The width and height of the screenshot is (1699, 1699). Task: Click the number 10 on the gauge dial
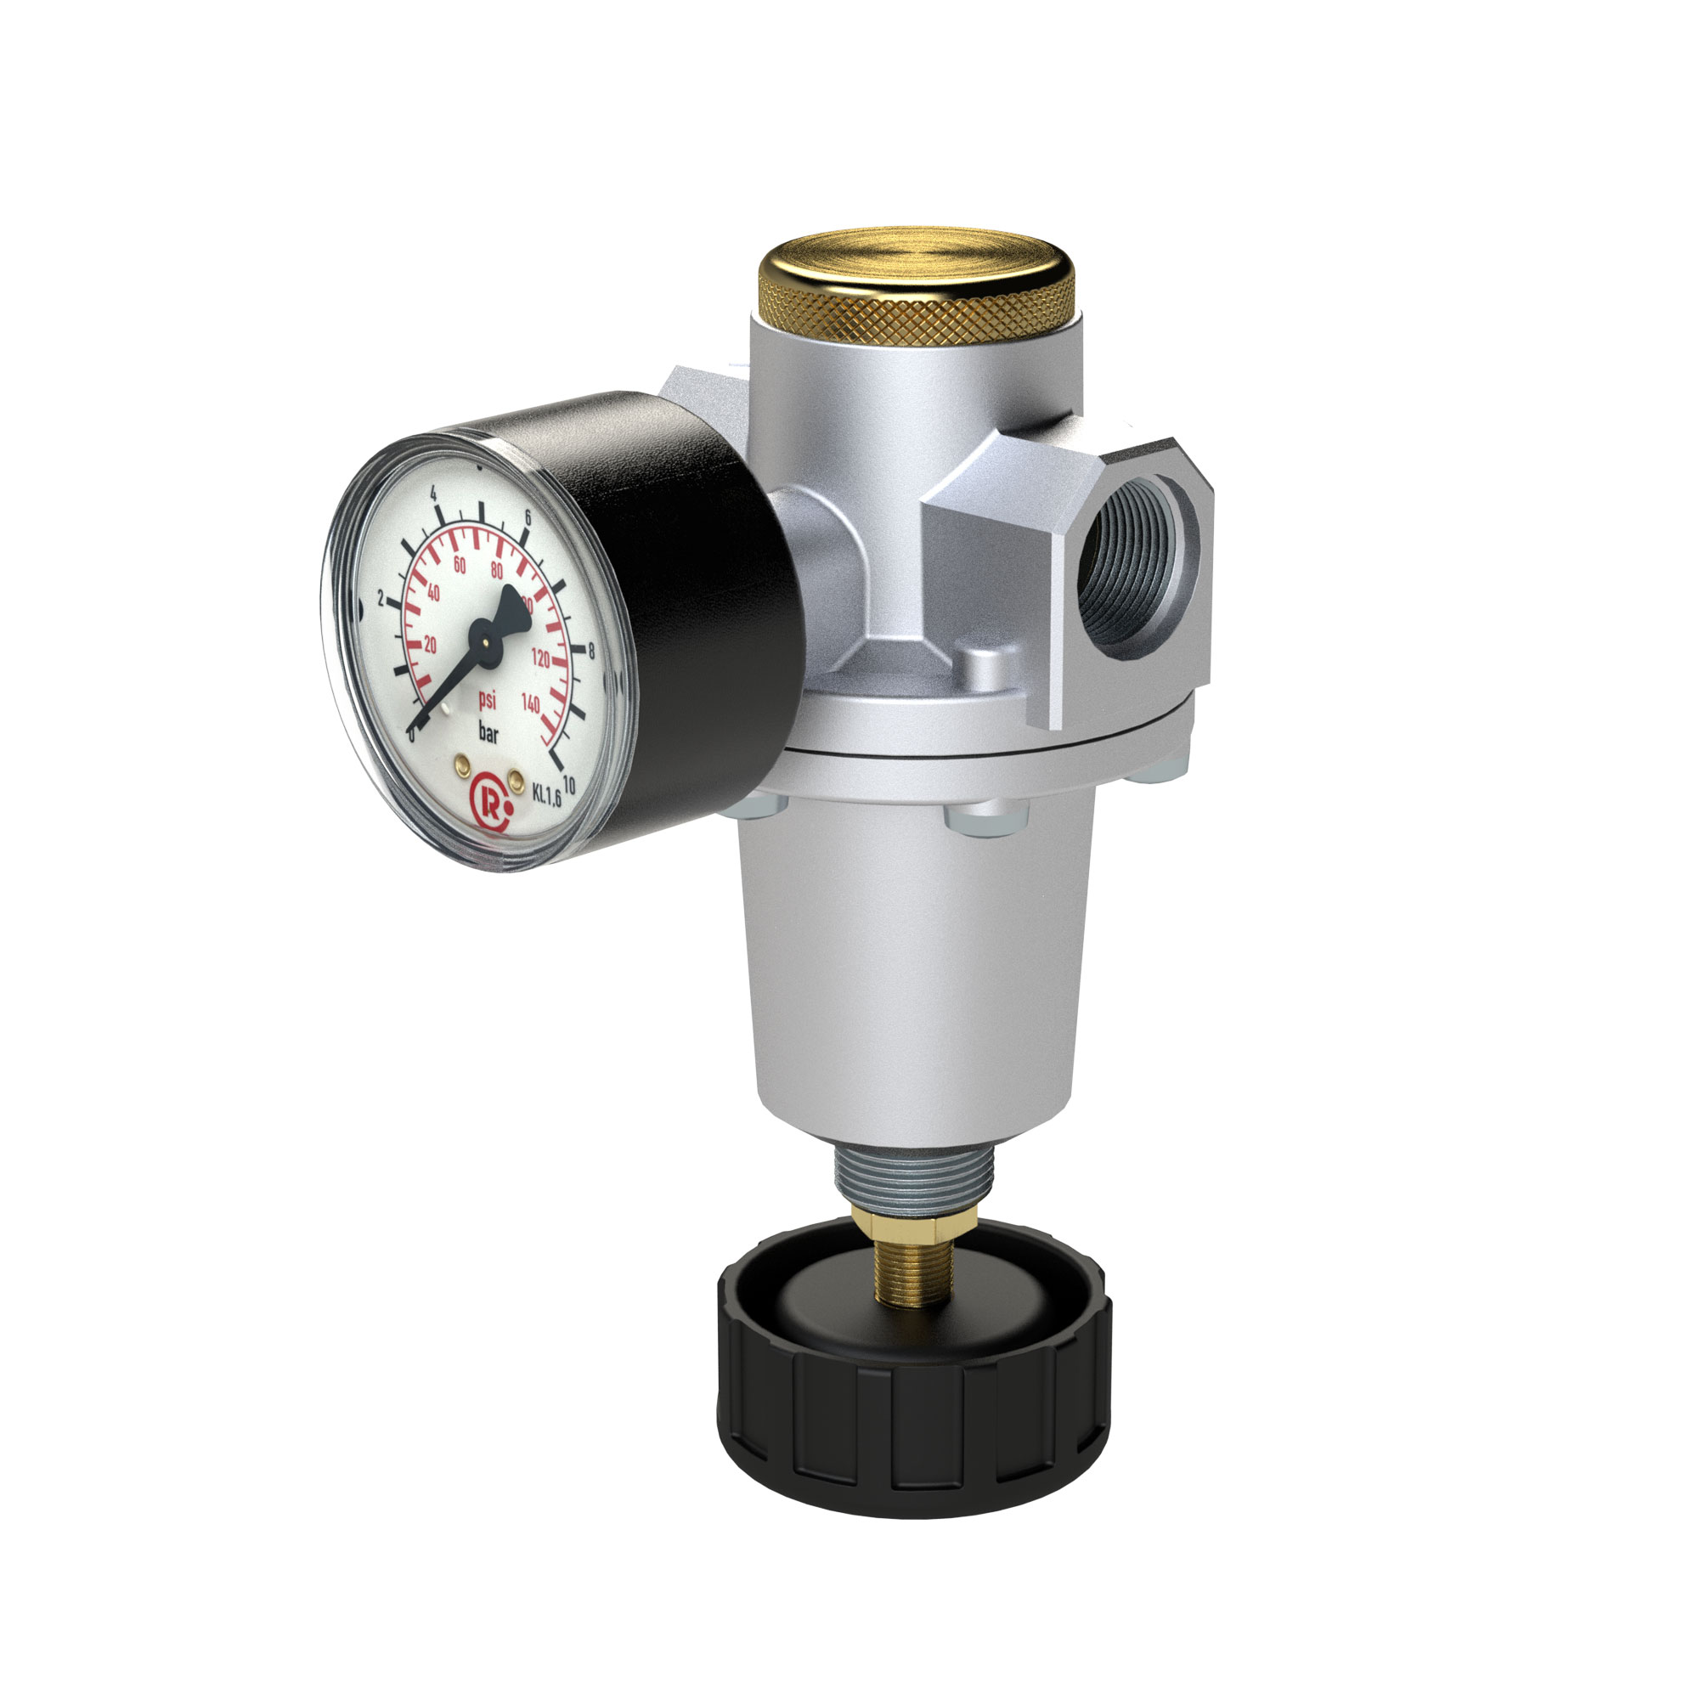(568, 785)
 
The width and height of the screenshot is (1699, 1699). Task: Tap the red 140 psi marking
(530, 703)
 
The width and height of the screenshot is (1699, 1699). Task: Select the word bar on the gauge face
(488, 732)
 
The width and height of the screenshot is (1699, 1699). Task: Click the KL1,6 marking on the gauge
(547, 793)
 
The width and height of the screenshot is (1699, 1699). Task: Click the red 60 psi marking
(459, 566)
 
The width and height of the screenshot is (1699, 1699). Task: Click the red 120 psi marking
(540, 658)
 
